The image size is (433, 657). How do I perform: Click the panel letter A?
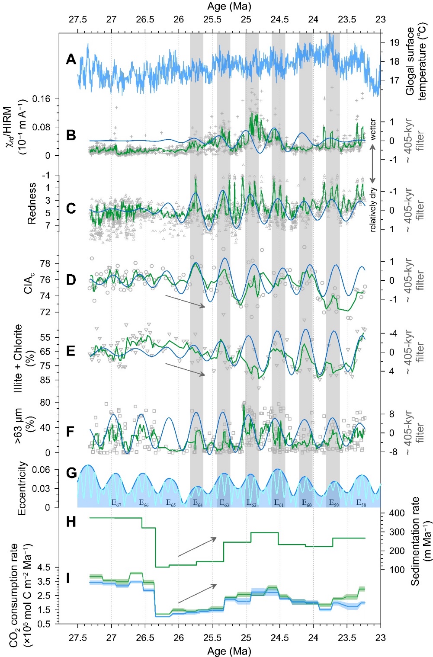pyautogui.click(x=71, y=59)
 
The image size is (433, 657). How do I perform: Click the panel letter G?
pyautogui.click(x=71, y=472)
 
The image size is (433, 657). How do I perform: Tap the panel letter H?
pyautogui.click(x=71, y=522)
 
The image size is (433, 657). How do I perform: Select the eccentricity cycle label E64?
pyautogui.click(x=197, y=503)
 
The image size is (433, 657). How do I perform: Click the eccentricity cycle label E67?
pyautogui.click(x=116, y=503)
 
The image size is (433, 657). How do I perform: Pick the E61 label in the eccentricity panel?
pyautogui.click(x=279, y=503)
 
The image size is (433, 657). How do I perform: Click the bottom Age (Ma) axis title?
pyautogui.click(x=229, y=651)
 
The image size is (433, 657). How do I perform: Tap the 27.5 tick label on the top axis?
pyautogui.click(x=78, y=19)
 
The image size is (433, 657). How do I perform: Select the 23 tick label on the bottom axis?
pyautogui.click(x=380, y=638)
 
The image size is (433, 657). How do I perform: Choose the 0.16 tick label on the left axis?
pyautogui.click(x=42, y=99)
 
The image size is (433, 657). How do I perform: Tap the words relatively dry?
pyautogui.click(x=373, y=210)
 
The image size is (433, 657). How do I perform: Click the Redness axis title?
pyautogui.click(x=32, y=203)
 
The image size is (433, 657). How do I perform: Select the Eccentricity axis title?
pyautogui.click(x=22, y=488)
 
